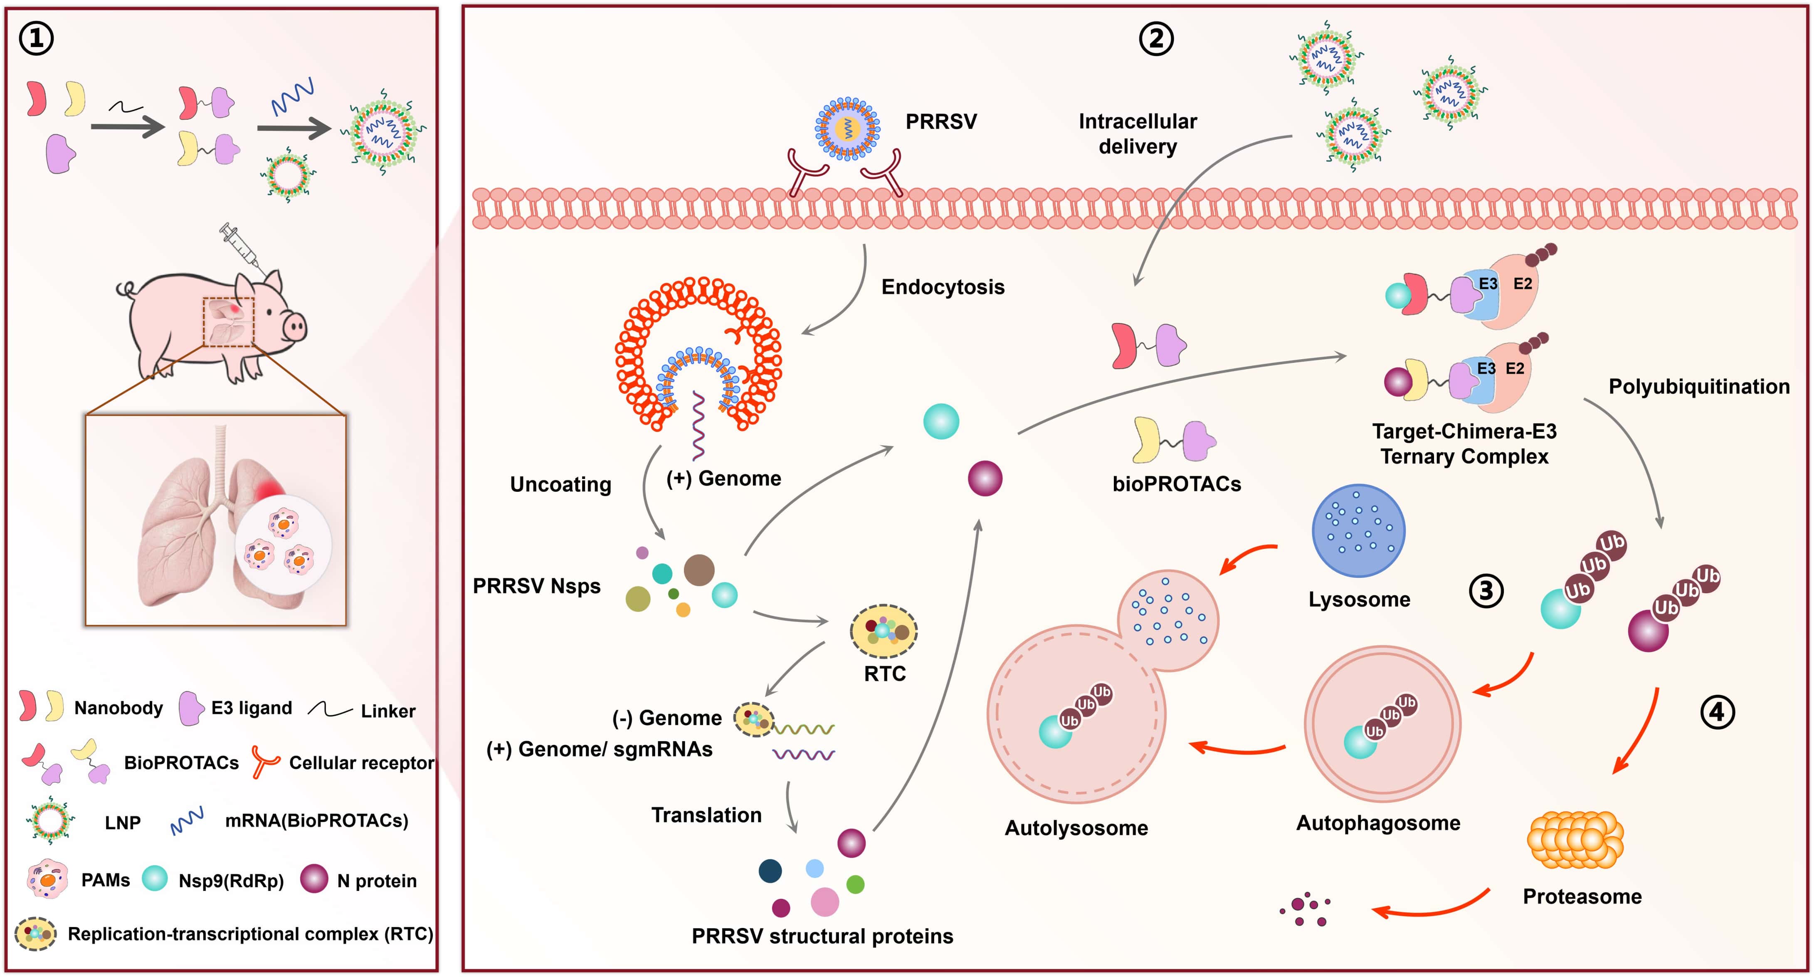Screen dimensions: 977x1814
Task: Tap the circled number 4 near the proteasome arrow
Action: point(1717,712)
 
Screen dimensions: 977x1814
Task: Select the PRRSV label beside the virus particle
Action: point(941,122)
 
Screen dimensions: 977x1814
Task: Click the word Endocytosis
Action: point(942,287)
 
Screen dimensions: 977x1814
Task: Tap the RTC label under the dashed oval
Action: point(884,674)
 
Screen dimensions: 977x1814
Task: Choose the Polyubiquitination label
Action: point(1698,387)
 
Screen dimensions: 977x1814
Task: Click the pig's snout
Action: point(294,326)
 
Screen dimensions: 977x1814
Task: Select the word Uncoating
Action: point(560,485)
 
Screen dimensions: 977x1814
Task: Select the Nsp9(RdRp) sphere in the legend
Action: point(155,878)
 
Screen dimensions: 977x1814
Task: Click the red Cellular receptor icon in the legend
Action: point(266,762)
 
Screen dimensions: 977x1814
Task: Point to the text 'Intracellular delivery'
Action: point(1137,134)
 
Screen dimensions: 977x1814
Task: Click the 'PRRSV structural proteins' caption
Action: point(822,936)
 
